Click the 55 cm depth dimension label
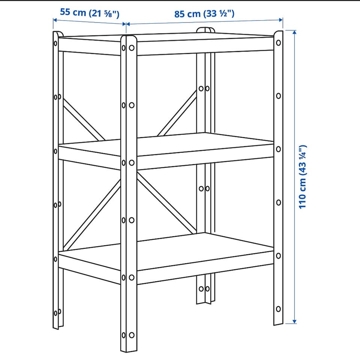90,13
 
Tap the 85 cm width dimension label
204,14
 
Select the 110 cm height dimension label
302,177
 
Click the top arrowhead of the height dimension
295,32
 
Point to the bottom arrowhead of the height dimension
295,322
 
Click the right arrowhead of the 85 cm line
281,20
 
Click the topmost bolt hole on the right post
279,43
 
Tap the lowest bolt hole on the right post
279,309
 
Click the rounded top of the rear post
205,30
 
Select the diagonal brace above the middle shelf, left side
84,119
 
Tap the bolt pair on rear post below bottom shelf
204,289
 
